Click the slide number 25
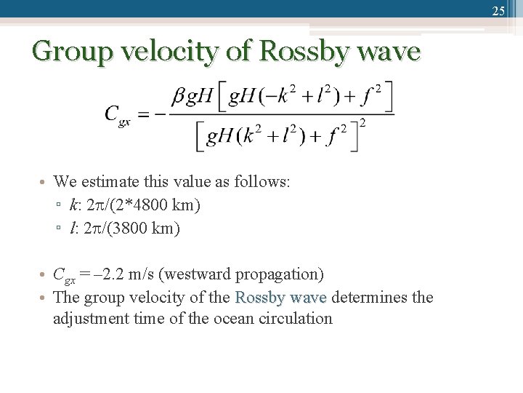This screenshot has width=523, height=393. pos(498,10)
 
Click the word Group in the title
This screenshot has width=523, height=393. pos(66,52)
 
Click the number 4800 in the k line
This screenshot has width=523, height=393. pos(152,205)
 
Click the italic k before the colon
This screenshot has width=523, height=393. pos(73,205)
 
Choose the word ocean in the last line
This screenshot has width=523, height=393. pos(231,319)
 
